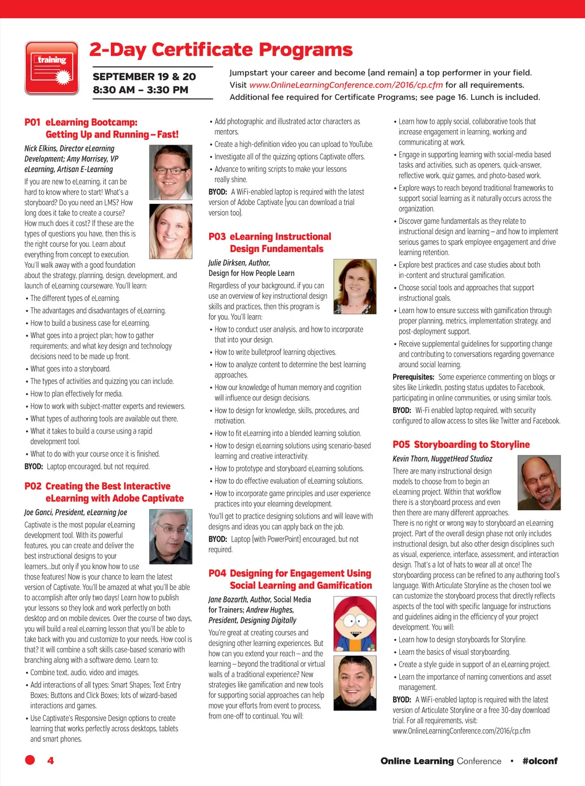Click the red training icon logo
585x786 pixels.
coord(52,68)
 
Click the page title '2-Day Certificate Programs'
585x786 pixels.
coord(221,50)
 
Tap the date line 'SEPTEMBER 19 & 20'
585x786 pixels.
coord(144,77)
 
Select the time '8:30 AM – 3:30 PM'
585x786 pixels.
coord(141,90)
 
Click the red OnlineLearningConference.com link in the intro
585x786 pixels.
coord(346,85)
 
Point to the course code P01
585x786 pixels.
coord(33,122)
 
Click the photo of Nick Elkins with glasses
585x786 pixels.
coord(170,172)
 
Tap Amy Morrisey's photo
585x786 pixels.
coord(170,231)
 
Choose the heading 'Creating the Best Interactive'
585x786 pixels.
coord(108,486)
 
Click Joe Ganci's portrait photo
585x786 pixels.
coord(170,536)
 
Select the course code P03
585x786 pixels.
coord(217,236)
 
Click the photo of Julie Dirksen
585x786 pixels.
coord(354,287)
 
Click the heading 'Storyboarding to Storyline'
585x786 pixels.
coord(471,444)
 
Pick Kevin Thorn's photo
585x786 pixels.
coord(539,482)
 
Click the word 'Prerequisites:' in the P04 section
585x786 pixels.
coord(413,377)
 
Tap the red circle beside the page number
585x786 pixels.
coord(30,760)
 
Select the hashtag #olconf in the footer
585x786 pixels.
coord(540,761)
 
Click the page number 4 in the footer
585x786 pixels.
coord(50,760)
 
